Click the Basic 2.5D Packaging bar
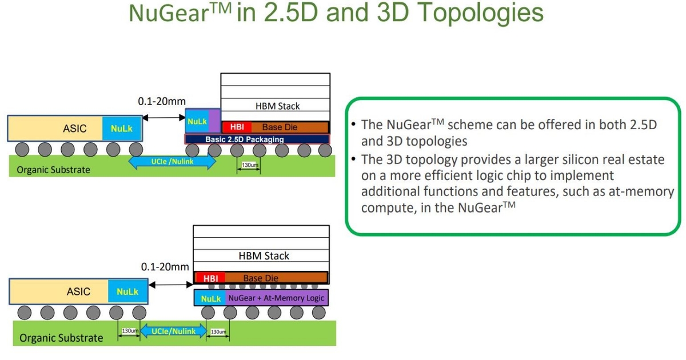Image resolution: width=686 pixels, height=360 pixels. coord(257,139)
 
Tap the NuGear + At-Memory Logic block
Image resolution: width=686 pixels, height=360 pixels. coord(277,298)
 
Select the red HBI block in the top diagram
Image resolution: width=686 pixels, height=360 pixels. coord(237,127)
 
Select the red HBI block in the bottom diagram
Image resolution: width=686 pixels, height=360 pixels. coord(210,278)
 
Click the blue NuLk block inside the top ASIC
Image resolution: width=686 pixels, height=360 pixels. coord(122,128)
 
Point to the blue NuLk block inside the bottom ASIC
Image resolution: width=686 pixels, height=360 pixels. coord(127,291)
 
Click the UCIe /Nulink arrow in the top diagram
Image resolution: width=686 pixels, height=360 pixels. coord(172,162)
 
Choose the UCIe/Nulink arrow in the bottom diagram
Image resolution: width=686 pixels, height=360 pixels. coord(173,331)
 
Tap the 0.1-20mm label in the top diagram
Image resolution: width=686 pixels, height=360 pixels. coord(162,101)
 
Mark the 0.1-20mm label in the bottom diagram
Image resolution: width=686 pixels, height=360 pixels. coord(165,267)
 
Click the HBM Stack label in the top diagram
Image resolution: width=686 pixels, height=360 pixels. coord(277,106)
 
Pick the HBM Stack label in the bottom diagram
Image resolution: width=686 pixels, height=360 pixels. coord(264,255)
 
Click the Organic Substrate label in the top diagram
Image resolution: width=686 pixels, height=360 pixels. coord(53,170)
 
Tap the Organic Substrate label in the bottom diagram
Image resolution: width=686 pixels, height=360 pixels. coord(61,338)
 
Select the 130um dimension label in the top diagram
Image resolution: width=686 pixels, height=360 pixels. coord(250,165)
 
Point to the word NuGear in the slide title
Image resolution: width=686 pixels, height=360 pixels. coord(165,13)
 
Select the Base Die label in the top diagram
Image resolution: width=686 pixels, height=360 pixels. coord(280,127)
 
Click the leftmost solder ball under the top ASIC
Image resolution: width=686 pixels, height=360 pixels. coord(22,150)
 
